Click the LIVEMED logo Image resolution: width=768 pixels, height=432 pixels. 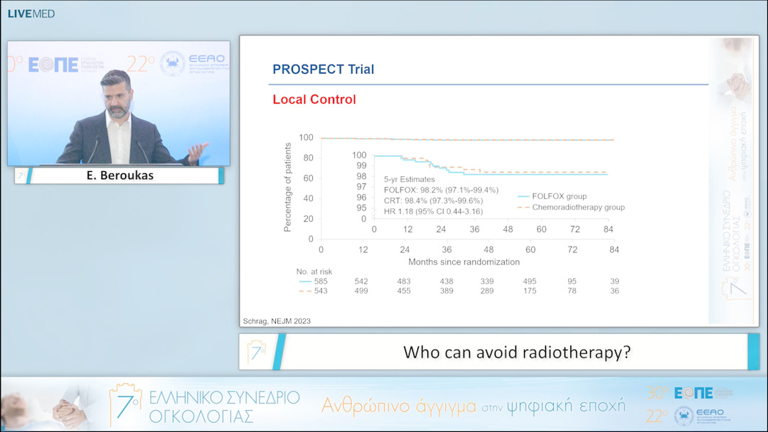click(x=31, y=13)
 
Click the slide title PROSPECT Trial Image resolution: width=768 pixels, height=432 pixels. click(x=323, y=70)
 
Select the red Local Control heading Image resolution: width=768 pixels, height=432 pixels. click(x=314, y=99)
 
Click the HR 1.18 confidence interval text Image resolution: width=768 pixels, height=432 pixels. click(x=434, y=211)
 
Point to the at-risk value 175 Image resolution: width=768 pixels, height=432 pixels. click(x=530, y=291)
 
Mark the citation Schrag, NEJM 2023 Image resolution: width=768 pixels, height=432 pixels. click(x=277, y=321)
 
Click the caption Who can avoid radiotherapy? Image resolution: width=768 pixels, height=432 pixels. click(x=516, y=352)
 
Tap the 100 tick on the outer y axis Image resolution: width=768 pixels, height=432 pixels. click(x=306, y=138)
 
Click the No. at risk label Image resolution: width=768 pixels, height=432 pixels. click(x=314, y=271)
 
